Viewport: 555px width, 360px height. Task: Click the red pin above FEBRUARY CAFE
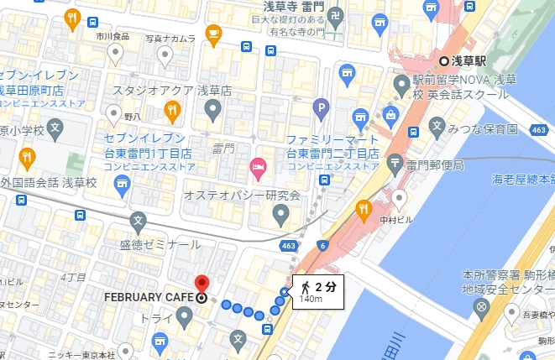coord(202,283)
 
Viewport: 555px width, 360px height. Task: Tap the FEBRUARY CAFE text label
coord(149,298)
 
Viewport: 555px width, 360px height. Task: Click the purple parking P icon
coord(320,107)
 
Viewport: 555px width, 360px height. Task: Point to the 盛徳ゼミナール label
coord(160,244)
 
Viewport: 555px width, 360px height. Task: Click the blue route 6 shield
coord(324,244)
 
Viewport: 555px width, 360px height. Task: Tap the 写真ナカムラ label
coord(170,38)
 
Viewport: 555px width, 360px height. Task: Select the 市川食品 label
coord(113,37)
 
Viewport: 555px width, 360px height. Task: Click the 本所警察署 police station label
coord(490,274)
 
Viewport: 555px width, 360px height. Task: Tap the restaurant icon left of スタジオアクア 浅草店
coord(172,108)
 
